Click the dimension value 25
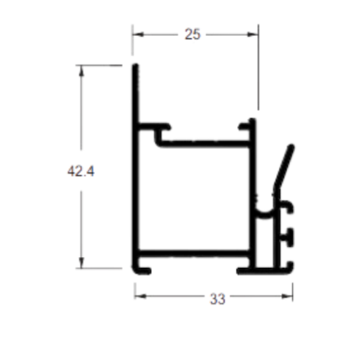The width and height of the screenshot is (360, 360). coord(193,34)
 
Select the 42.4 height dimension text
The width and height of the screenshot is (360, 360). coord(81,171)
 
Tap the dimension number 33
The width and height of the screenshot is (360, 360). coord(218,299)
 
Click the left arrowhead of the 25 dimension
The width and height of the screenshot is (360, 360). coord(138,34)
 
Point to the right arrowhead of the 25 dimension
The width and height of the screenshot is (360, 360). coord(253,34)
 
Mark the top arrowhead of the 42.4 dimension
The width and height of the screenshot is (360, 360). coord(81,70)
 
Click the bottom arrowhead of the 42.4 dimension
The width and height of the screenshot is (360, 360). coord(81,263)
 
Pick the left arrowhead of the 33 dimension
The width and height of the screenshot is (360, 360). coord(140,296)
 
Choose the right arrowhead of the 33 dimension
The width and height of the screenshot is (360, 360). coord(287,296)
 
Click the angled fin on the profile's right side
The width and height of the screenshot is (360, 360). coord(284,167)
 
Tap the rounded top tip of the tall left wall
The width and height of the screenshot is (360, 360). coord(136,65)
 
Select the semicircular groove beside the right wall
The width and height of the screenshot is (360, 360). coord(264,212)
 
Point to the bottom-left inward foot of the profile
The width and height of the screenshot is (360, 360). coord(142,270)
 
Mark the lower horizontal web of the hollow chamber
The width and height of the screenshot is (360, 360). coord(194,254)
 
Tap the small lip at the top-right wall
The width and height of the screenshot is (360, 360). coord(244,126)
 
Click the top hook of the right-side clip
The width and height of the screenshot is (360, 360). coord(287,206)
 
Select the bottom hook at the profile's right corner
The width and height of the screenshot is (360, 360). coord(289,267)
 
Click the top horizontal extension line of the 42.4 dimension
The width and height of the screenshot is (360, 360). coord(99,65)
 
